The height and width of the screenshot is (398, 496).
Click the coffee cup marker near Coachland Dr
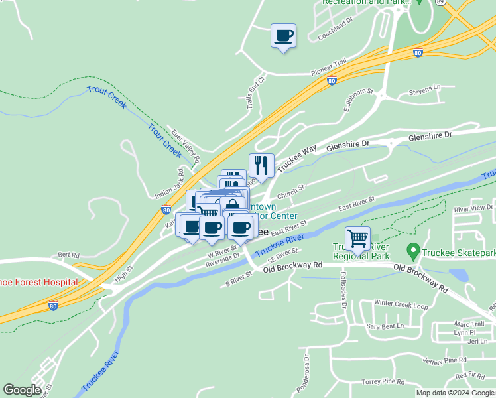tap(283, 36)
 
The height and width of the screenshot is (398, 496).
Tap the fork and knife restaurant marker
tap(261, 166)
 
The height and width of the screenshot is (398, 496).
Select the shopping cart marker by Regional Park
tap(357, 237)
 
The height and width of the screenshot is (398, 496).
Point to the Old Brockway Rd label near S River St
tap(292, 265)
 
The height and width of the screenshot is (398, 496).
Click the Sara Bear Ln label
tap(385, 326)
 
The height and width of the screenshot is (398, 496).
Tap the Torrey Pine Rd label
tap(383, 381)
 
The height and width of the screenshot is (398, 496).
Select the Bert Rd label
tap(68, 255)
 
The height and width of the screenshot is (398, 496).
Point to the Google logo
tap(22, 390)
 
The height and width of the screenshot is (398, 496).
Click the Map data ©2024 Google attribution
tap(455, 393)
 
